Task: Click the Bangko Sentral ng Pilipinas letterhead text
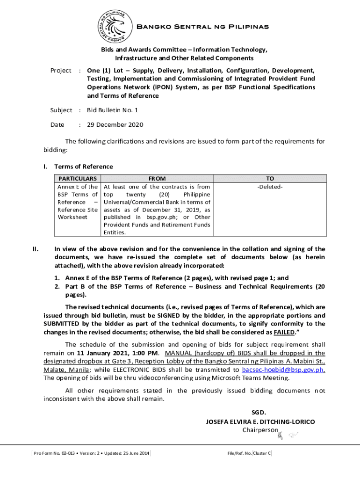click(202, 27)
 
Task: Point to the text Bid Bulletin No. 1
click(113, 110)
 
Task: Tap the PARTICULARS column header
click(78, 179)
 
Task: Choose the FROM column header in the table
click(157, 179)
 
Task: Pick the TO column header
click(270, 179)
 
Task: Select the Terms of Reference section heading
click(84, 167)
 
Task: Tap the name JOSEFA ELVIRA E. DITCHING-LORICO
click(260, 421)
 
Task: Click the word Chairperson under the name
click(260, 430)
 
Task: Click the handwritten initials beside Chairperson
click(288, 435)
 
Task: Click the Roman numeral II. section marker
click(36, 249)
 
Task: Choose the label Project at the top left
click(61, 71)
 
